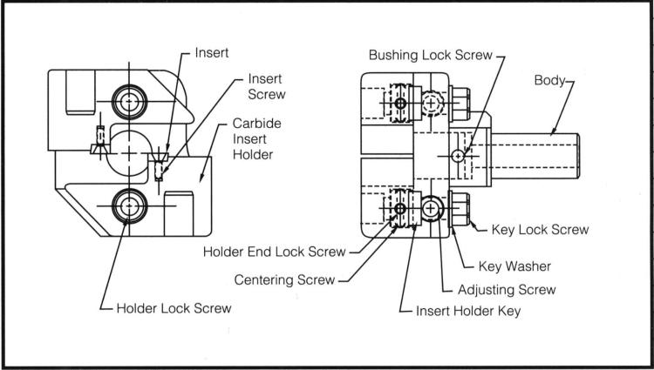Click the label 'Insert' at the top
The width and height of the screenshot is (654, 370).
[210, 52]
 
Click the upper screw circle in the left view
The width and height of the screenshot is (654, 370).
[130, 102]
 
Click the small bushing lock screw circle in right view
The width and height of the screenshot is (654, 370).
[458, 155]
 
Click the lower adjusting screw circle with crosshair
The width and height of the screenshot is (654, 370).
[432, 208]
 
